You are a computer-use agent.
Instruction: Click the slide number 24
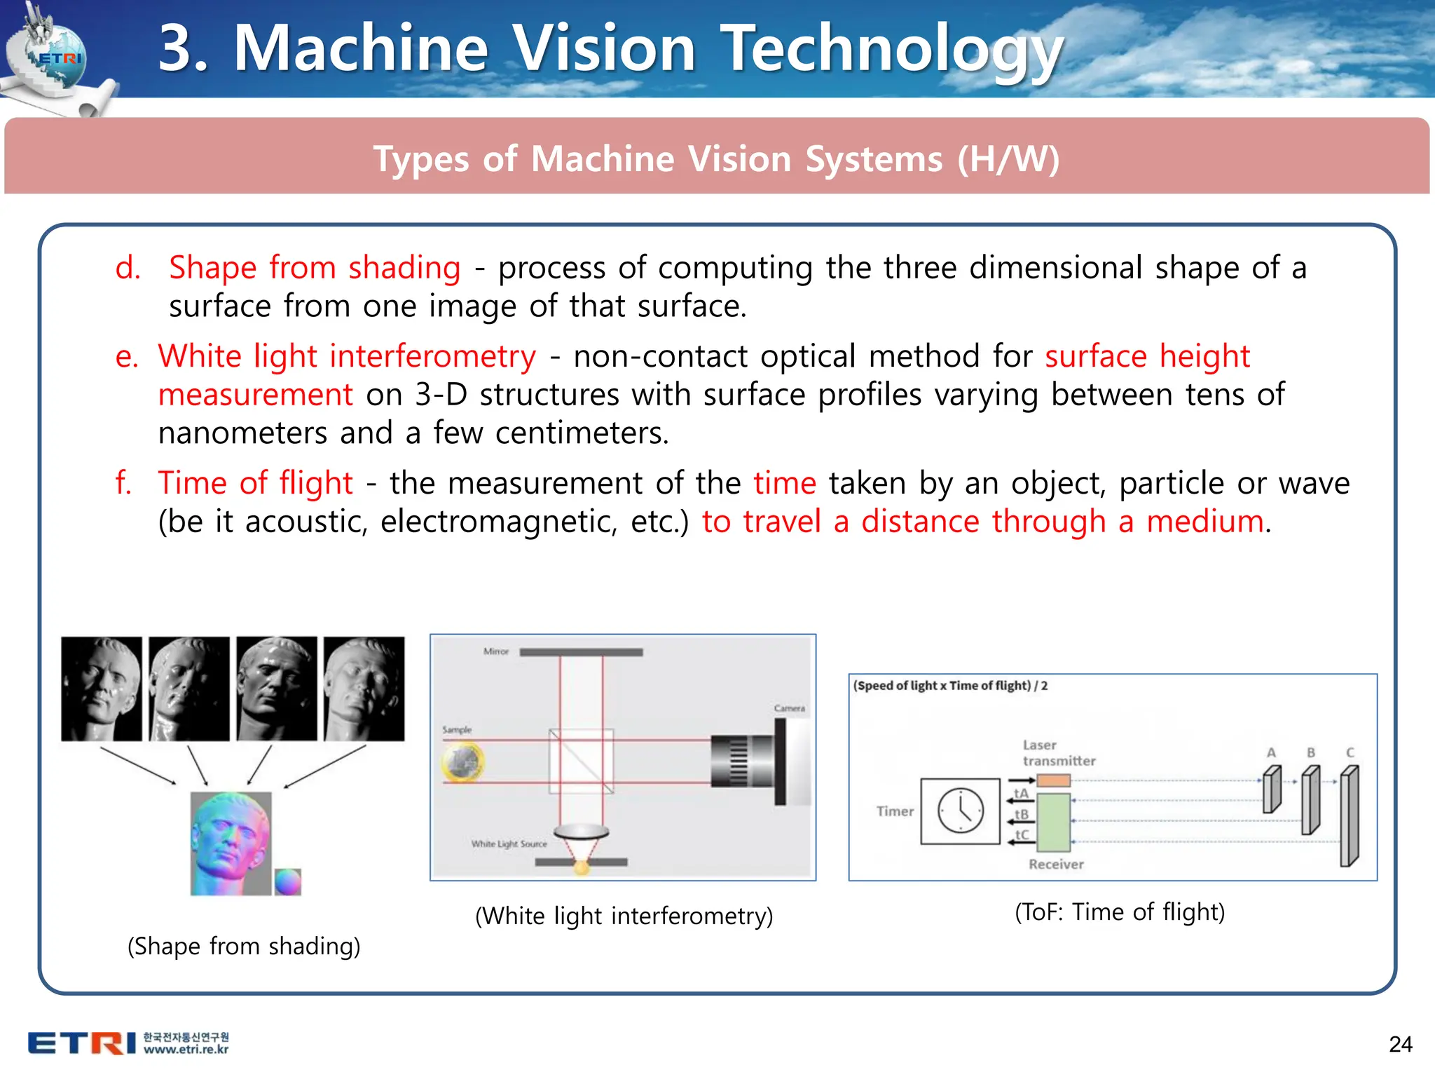tap(1400, 1044)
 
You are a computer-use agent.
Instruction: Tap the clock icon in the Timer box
tap(960, 811)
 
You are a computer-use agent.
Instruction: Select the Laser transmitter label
tap(1058, 753)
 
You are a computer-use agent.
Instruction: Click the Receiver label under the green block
tap(1056, 865)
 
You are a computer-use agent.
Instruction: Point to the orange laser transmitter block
tap(1053, 780)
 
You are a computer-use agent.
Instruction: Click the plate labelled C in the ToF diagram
tap(1350, 816)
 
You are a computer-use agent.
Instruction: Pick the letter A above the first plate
tap(1271, 752)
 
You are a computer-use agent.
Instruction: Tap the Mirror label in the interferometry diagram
tap(495, 651)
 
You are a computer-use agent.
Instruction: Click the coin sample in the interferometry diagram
tap(463, 761)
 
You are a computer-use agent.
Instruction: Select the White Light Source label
tap(509, 844)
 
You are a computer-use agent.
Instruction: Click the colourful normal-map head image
tap(231, 844)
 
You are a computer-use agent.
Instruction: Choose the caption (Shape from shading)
tap(244, 946)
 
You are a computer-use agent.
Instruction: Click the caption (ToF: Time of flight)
tap(1120, 912)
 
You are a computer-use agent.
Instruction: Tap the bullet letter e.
tap(126, 356)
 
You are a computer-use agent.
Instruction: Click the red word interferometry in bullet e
tap(432, 356)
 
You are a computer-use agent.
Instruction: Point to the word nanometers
tap(242, 433)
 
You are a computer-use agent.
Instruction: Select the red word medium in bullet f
tap(1204, 522)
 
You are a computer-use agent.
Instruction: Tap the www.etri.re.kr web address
tap(186, 1050)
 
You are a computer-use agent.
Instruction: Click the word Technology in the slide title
tap(891, 49)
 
